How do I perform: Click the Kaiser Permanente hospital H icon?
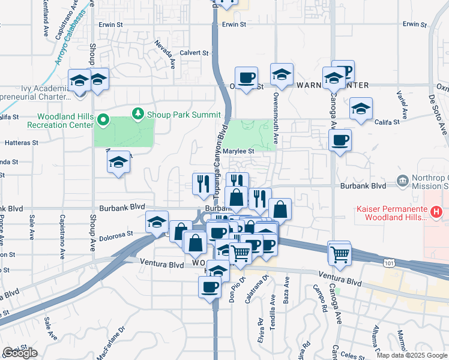coord(437,212)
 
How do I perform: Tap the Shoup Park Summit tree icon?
coord(139,113)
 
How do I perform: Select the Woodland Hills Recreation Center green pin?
coord(103,121)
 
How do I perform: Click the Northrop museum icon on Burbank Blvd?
coord(402,180)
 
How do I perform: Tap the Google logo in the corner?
coord(20,353)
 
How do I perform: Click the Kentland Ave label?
coord(46,19)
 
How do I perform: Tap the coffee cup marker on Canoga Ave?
coord(340,140)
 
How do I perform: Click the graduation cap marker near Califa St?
coord(361,109)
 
